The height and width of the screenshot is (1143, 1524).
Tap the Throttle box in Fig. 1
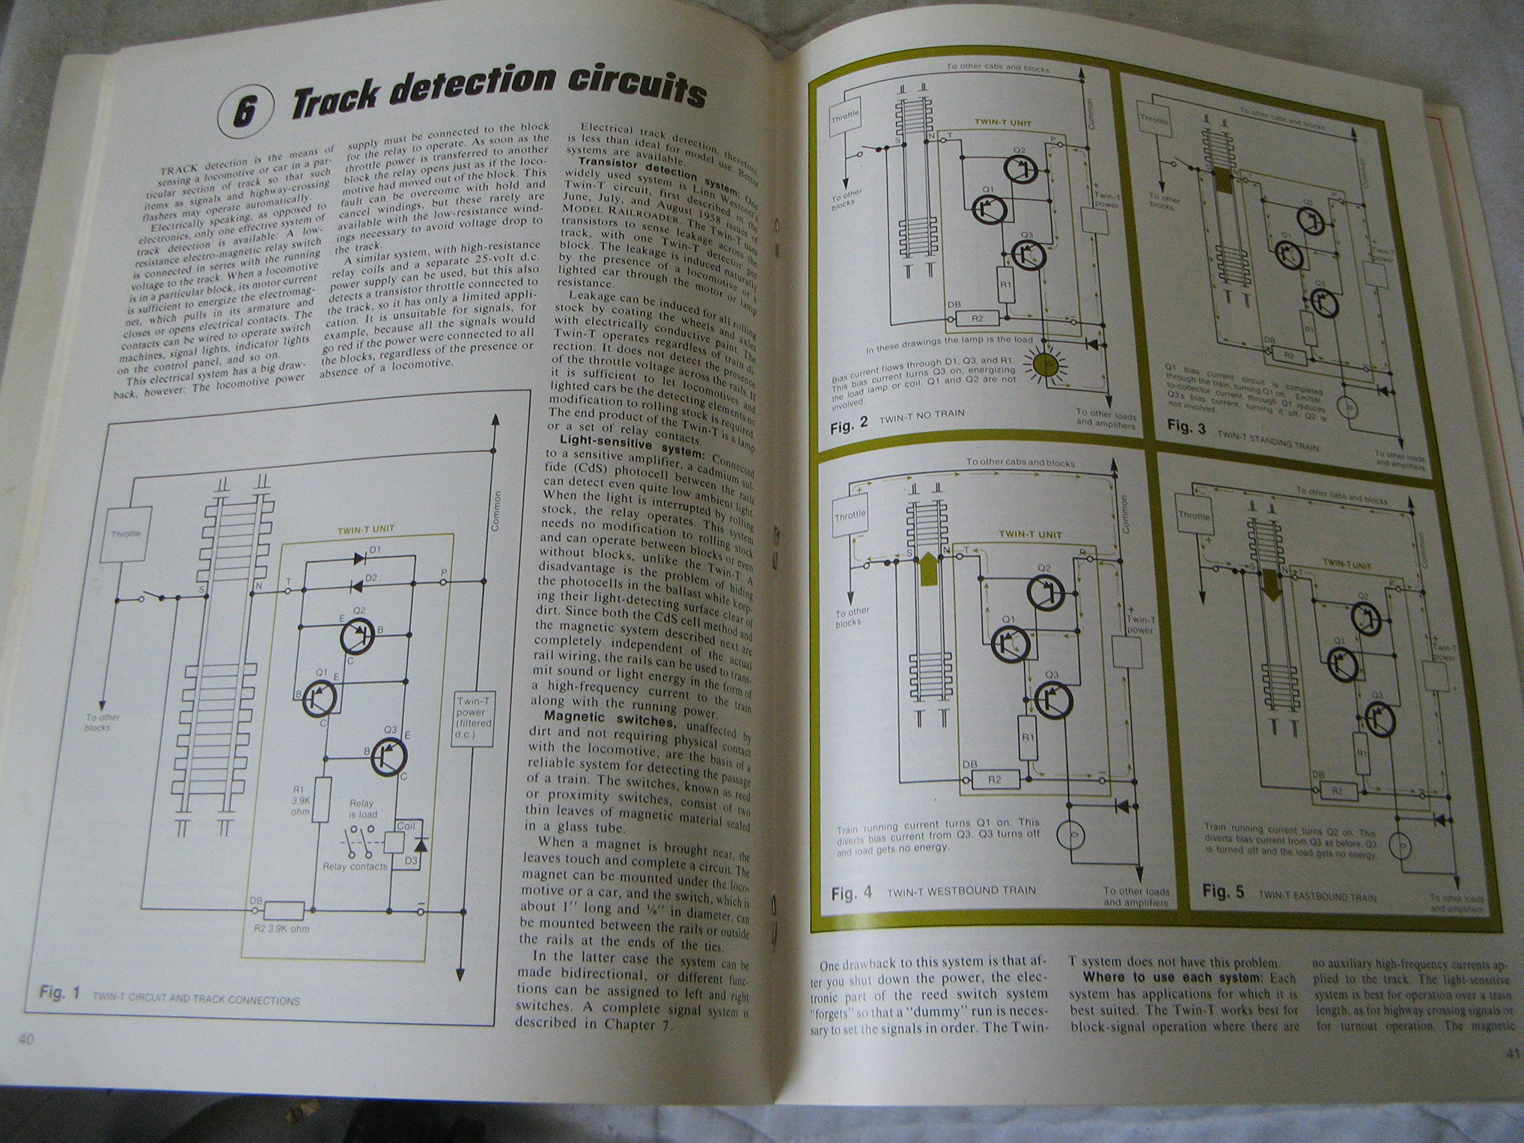click(x=126, y=534)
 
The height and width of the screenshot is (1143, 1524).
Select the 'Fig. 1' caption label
click(x=60, y=993)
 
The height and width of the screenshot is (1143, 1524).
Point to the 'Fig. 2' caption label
click(x=849, y=424)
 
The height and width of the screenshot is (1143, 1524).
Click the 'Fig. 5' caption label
click(x=1223, y=892)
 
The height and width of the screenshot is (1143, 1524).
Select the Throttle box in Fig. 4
click(x=850, y=515)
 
